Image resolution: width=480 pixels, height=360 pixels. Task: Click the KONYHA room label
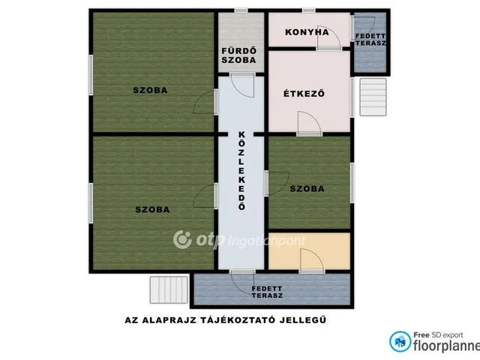click(307, 32)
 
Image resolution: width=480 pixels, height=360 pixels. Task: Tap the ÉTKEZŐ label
click(304, 93)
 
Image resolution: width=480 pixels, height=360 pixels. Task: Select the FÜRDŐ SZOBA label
click(238, 55)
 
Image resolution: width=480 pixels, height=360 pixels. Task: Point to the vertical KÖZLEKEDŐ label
click(241, 171)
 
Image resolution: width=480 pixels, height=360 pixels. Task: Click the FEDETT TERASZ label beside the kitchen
click(370, 40)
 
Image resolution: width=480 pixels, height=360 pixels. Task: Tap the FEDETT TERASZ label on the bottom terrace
click(267, 292)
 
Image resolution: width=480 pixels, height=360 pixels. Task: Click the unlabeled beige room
click(309, 251)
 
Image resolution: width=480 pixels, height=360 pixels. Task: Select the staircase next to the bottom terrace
click(169, 289)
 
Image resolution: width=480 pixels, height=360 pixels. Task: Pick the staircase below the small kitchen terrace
click(373, 97)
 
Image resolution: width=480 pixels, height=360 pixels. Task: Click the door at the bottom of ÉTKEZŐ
click(309, 123)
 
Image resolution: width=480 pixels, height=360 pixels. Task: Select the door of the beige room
click(312, 260)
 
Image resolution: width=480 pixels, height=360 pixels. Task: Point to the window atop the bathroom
click(241, 10)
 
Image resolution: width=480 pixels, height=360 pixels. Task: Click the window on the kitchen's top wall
click(308, 10)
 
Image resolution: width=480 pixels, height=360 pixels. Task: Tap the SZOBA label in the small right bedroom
click(307, 188)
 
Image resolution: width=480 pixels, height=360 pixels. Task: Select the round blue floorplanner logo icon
click(400, 341)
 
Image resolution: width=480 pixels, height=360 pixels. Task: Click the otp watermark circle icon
click(182, 239)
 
